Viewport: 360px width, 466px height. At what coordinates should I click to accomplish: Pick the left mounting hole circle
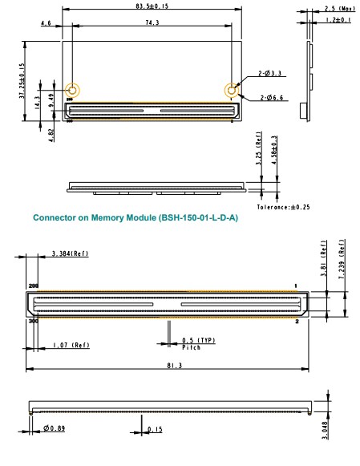pyautogui.click(x=72, y=90)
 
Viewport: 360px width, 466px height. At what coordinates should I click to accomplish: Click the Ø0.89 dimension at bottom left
pyautogui.click(x=55, y=429)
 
